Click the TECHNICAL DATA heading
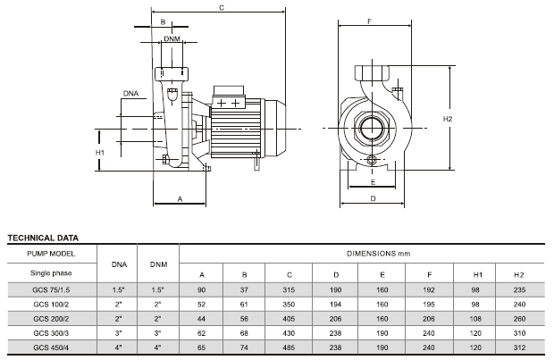(x=43, y=239)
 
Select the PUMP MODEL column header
(x=50, y=255)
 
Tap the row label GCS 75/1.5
(x=50, y=289)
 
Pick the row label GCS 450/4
(x=50, y=347)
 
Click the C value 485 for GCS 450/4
(x=288, y=347)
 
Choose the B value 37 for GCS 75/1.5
(x=244, y=289)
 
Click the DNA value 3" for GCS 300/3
(x=116, y=333)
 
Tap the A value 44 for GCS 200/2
(x=201, y=318)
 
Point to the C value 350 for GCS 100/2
(x=288, y=304)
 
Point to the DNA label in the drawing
(x=130, y=92)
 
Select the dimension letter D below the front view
(x=371, y=199)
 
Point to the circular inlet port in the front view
(x=371, y=129)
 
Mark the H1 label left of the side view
(x=100, y=153)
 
